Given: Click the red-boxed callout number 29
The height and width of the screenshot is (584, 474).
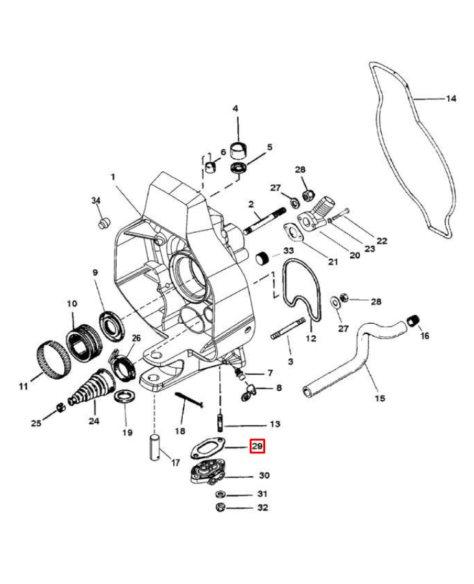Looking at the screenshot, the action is click(257, 446).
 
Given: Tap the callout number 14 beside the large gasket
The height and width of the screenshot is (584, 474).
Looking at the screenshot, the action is click(451, 99).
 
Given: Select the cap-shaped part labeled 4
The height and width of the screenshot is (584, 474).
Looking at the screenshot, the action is click(238, 151).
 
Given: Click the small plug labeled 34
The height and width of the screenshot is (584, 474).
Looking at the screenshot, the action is click(104, 223).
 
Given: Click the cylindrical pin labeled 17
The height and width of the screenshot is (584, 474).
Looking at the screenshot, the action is click(156, 446).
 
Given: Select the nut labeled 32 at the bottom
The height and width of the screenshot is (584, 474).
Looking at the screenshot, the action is click(220, 507).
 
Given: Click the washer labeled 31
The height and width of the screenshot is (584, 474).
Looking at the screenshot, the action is click(220, 494).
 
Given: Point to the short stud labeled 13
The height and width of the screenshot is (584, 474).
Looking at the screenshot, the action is click(220, 422).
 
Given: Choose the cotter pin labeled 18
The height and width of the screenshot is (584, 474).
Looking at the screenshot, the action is click(189, 400).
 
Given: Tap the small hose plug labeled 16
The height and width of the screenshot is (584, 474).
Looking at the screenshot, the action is click(413, 321).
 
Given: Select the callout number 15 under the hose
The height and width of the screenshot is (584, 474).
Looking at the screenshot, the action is click(379, 398).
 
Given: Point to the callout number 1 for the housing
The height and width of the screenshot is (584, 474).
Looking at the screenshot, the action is click(113, 176).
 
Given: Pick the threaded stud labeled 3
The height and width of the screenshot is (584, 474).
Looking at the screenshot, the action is click(289, 328).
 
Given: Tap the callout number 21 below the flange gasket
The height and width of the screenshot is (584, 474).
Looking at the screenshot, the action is click(333, 262).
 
